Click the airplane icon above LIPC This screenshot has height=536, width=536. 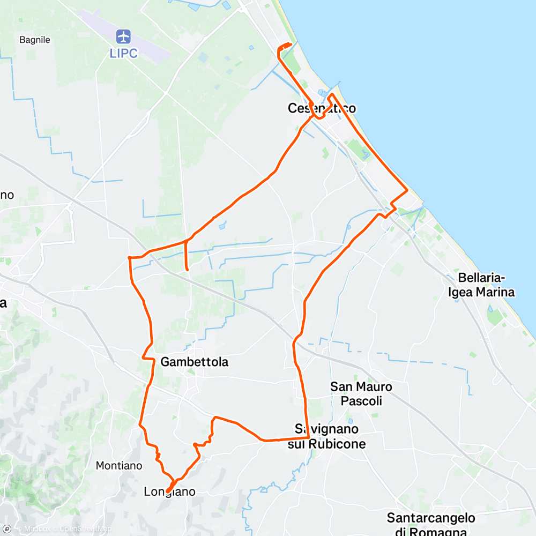pos(124,37)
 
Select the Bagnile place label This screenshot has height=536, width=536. pos(34,40)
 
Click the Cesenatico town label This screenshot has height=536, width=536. pos(322,108)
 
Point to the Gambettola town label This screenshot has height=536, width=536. pos(195,362)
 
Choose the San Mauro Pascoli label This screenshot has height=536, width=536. pos(361,393)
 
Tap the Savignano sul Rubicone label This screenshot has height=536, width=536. pos(330,436)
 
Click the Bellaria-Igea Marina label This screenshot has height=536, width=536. pos(486,285)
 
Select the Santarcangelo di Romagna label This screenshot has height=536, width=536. pos(431,524)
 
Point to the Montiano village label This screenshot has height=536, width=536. pos(119,466)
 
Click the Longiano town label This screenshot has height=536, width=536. pos(169,492)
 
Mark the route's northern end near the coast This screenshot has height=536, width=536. pos(291,44)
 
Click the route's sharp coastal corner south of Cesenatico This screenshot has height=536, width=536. pos(407,190)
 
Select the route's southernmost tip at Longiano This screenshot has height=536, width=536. pos(168,491)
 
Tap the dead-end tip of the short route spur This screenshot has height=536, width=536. pos(187,269)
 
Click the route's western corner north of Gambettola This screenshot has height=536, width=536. pos(129,258)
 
